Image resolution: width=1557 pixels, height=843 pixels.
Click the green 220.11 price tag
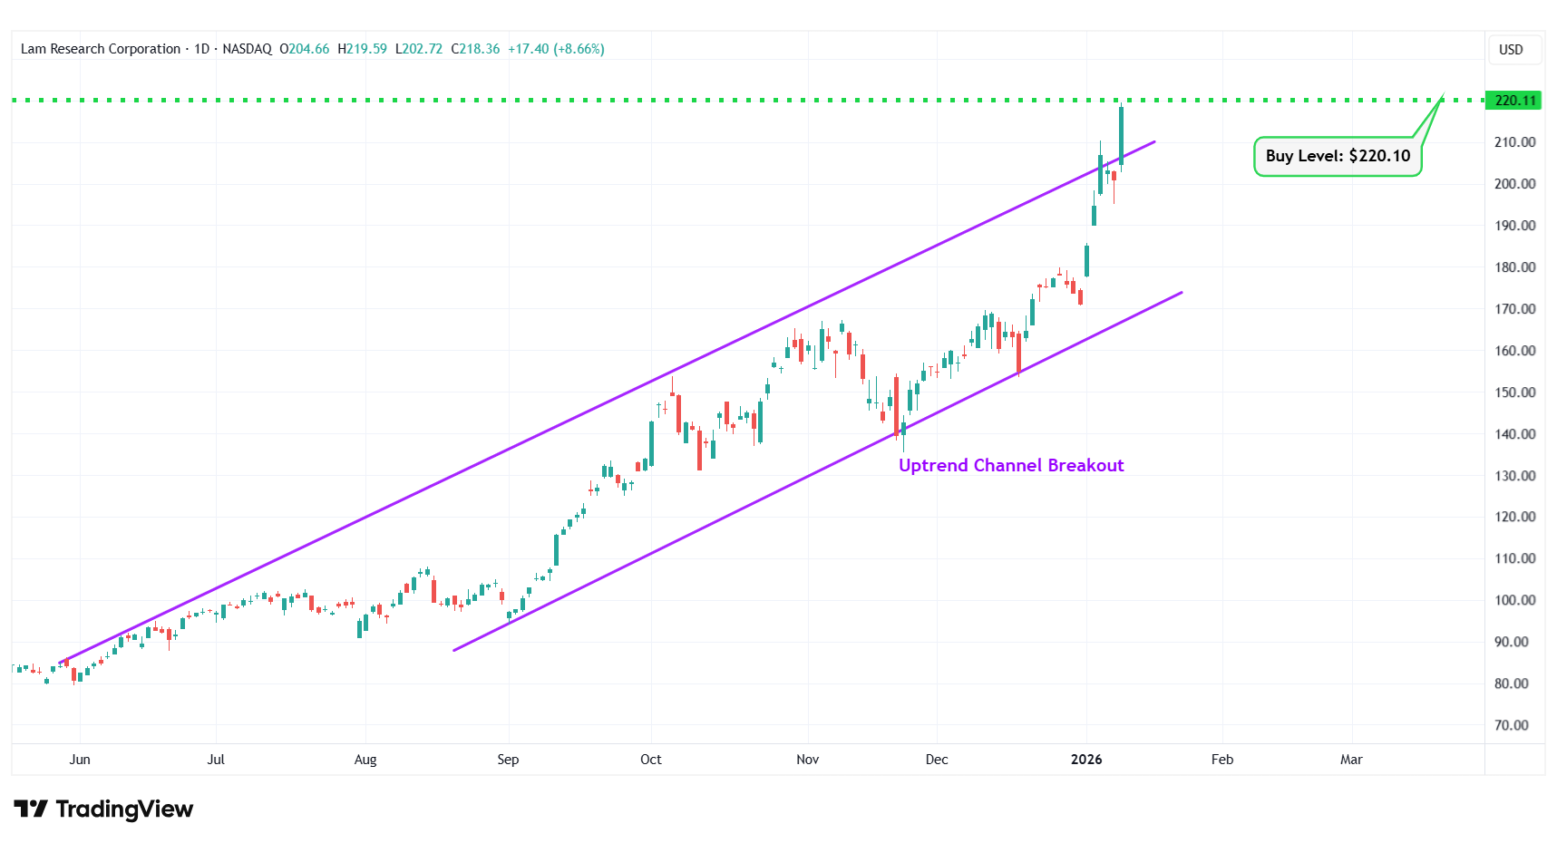1513,101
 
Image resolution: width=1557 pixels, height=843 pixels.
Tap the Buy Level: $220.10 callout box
1338,156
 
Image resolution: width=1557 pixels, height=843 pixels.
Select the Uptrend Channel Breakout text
1011,465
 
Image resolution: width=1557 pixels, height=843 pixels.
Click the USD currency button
1511,50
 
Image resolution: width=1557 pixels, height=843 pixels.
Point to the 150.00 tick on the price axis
1514,392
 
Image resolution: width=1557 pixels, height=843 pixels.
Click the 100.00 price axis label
1514,600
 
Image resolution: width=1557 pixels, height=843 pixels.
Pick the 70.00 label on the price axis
1512,725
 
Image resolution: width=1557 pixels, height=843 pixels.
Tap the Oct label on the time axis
651,760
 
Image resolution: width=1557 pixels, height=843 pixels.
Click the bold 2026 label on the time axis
1086,760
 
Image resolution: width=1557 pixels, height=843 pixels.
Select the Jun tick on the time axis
80,760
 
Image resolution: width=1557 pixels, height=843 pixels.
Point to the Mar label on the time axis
1351,760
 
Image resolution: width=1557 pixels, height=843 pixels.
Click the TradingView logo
103,809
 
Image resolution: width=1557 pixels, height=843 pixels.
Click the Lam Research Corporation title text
101,49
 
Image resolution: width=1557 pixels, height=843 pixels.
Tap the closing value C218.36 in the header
475,49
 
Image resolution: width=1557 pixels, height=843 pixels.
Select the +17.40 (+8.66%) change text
556,49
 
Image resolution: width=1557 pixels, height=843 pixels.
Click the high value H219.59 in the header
362,49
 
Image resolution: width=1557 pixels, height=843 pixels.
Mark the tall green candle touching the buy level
1122,136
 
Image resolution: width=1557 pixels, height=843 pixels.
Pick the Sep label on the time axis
508,760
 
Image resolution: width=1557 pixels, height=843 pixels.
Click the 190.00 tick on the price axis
1514,226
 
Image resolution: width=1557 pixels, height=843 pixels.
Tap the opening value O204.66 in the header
304,49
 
